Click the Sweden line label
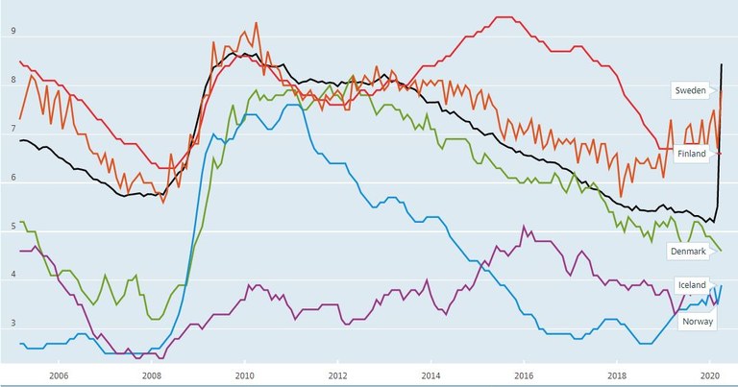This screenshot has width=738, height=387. [x=691, y=89]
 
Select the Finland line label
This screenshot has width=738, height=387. [x=691, y=155]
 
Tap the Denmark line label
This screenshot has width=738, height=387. [x=688, y=251]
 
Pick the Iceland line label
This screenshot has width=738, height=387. [x=692, y=285]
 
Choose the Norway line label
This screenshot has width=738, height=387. [x=697, y=323]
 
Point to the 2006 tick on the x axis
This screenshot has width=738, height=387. [x=58, y=375]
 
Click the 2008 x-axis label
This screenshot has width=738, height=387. [x=151, y=375]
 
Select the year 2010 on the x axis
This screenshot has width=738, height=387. [x=244, y=375]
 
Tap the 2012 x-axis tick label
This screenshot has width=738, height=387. [x=337, y=375]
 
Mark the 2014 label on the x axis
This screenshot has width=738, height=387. [x=430, y=375]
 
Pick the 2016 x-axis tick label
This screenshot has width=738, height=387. [x=524, y=375]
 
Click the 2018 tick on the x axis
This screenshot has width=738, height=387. [x=617, y=375]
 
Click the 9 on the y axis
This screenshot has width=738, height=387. [x=13, y=31]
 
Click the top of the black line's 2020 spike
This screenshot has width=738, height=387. [x=722, y=64]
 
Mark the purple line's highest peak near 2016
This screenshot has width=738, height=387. [x=523, y=227]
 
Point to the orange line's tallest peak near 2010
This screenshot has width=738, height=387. [x=256, y=23]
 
